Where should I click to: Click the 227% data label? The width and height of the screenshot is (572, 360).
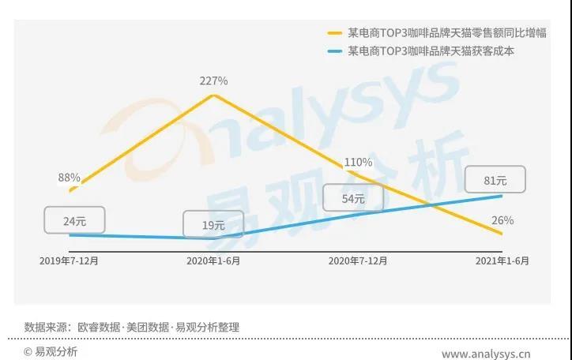[x=213, y=81]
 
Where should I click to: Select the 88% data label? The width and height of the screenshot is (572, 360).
[x=69, y=178]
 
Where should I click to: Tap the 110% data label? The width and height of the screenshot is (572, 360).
[x=358, y=163]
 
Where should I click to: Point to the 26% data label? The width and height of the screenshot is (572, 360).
[x=502, y=220]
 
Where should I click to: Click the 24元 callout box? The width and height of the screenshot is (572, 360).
[x=73, y=221]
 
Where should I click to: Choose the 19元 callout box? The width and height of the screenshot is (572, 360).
[x=213, y=225]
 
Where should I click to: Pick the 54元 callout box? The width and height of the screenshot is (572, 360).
[x=353, y=198]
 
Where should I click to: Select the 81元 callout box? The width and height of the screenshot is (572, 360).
[x=495, y=181]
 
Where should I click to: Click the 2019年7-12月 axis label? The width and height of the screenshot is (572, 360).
[x=70, y=260]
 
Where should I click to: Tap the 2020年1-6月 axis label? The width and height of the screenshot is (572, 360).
[x=213, y=260]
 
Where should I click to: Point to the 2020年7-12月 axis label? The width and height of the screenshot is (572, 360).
[x=357, y=260]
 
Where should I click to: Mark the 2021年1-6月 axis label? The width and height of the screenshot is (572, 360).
[x=501, y=260]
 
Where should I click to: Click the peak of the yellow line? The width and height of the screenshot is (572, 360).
[x=213, y=96]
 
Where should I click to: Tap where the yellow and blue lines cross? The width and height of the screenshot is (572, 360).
[x=431, y=206]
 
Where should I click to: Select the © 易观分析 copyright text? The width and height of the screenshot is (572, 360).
[x=51, y=352]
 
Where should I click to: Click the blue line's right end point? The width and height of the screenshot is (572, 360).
[x=502, y=195]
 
